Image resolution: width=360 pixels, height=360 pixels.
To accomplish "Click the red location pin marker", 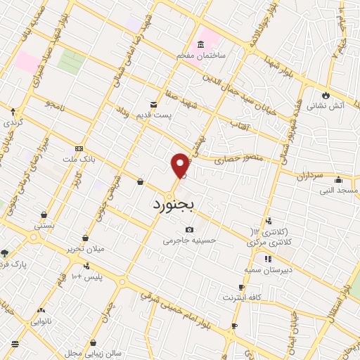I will point(181,166).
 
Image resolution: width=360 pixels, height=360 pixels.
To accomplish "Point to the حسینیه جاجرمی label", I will point(187,240).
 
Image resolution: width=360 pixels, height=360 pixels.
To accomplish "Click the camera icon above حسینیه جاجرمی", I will point(189,229).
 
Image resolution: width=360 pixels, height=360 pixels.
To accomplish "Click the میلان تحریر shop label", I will point(85,249).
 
